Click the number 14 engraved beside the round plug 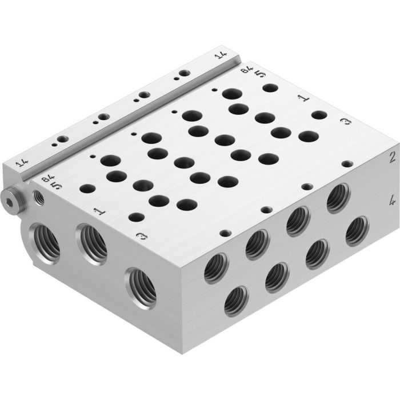[22, 163]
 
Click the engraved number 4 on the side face [392, 201]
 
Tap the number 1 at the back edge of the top [305, 99]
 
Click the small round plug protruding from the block [10, 201]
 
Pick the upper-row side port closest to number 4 [339, 198]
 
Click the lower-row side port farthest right [357, 231]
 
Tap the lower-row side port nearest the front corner [236, 301]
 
